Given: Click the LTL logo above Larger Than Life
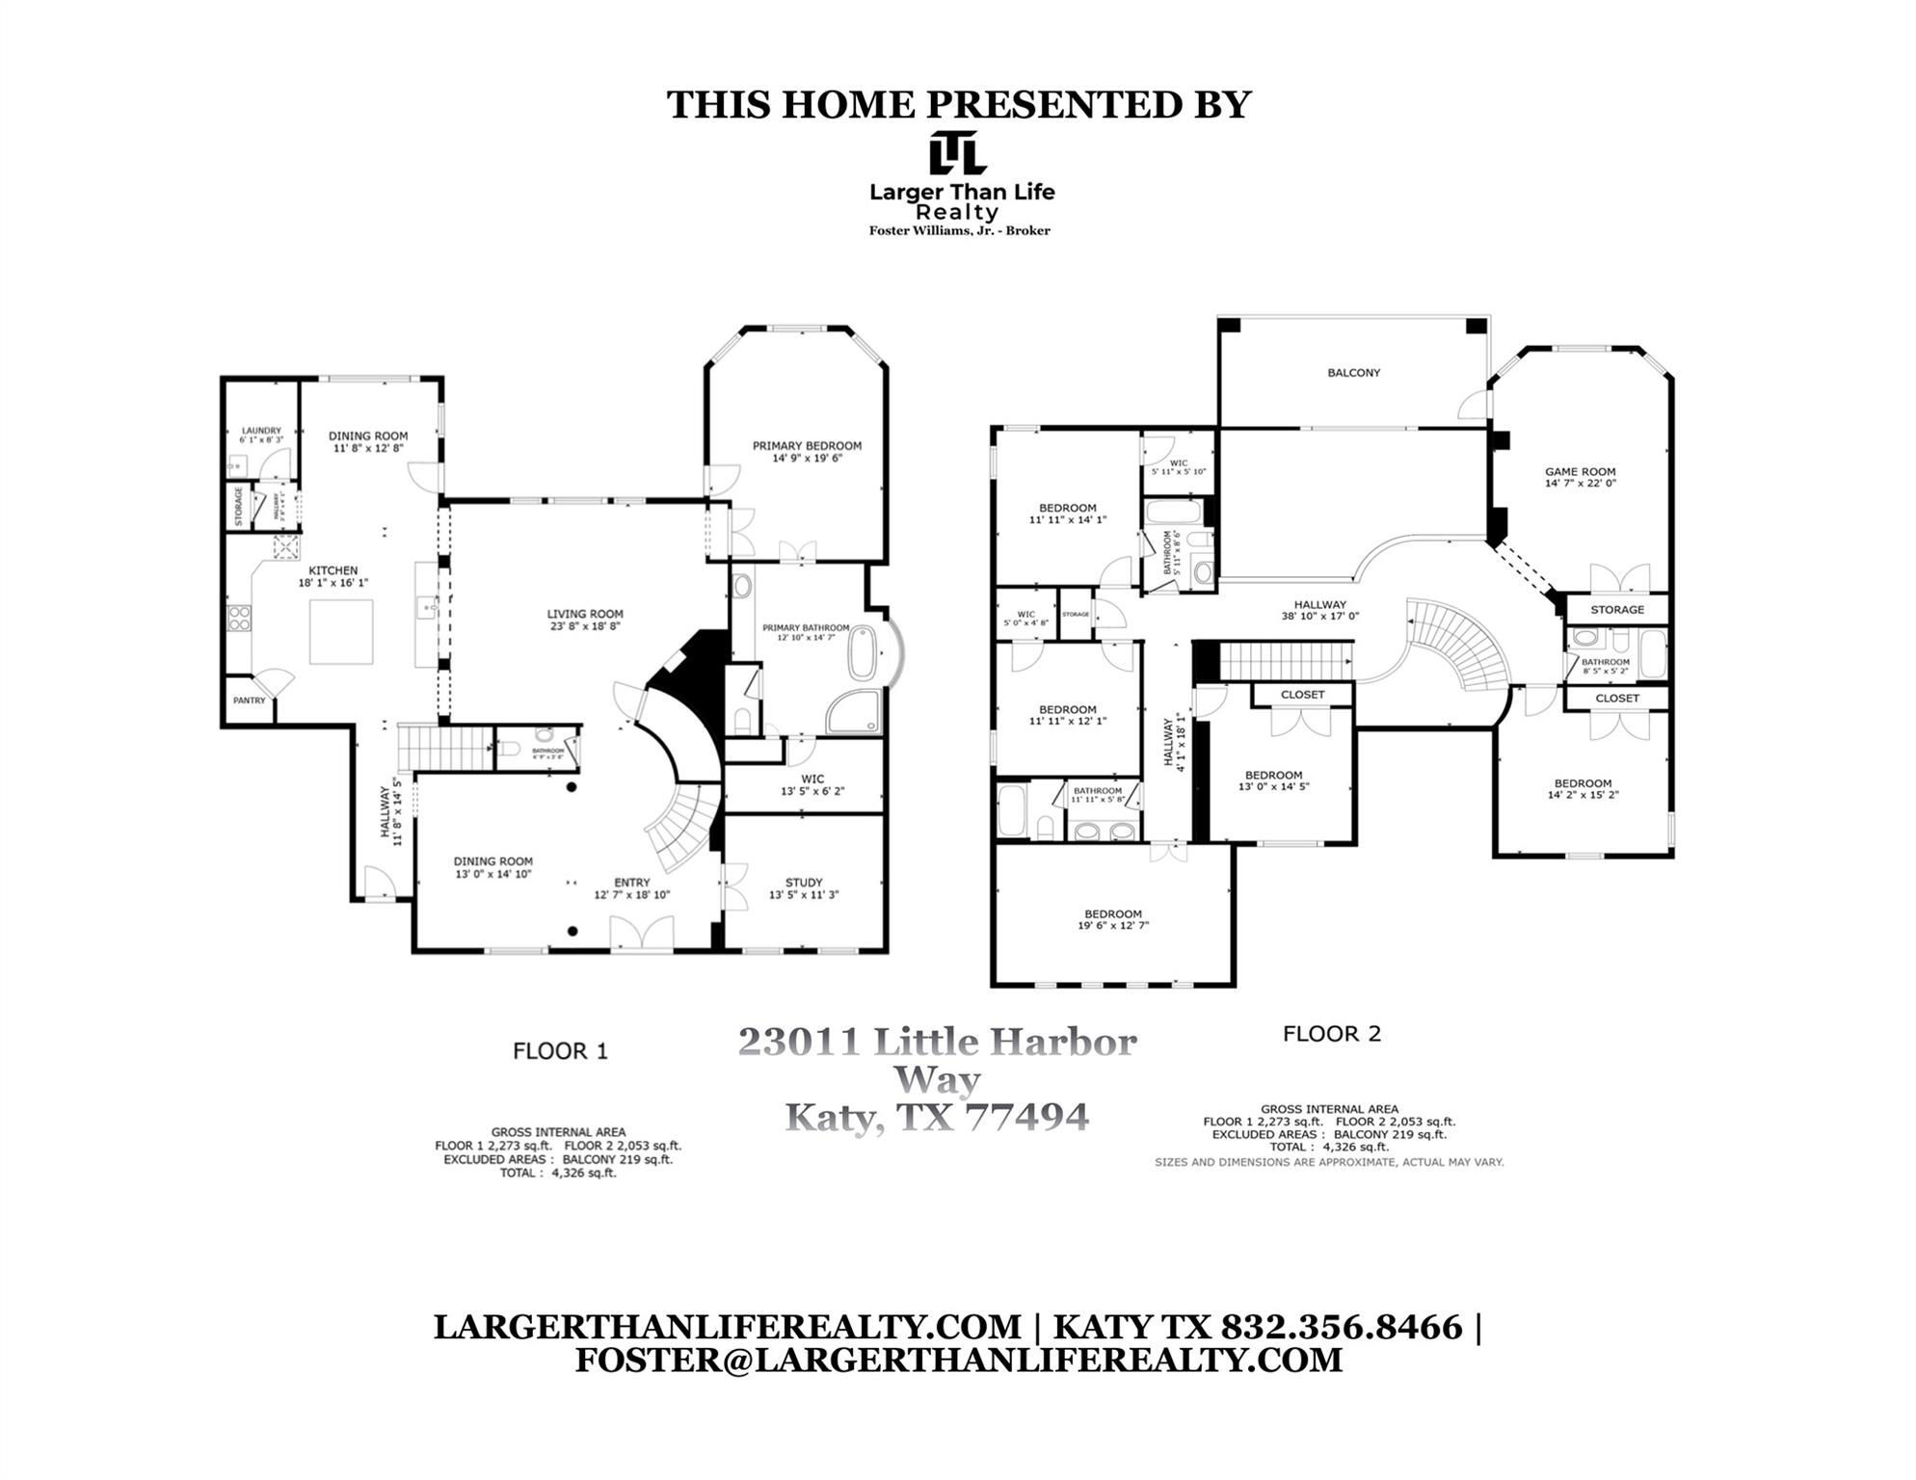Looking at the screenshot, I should click(957, 154).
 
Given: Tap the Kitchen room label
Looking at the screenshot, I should click(333, 570).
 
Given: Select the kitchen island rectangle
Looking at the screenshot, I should click(341, 631).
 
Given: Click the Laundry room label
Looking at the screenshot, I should click(261, 431).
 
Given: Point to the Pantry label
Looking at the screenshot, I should click(249, 700).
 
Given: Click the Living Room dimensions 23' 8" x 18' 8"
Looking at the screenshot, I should click(585, 626).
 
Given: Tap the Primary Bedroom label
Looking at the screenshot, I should click(807, 446).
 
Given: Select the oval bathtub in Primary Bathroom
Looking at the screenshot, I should click(864, 654).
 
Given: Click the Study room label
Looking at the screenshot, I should click(804, 882).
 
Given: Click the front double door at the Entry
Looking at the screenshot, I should click(642, 933).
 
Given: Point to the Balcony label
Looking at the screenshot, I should click(1353, 373).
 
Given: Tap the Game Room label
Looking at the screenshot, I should click(1580, 472).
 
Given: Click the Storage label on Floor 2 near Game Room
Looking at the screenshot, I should click(1616, 610).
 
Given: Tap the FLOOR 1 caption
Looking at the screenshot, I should click(560, 1051).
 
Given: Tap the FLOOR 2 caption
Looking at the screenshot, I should click(1331, 1034).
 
